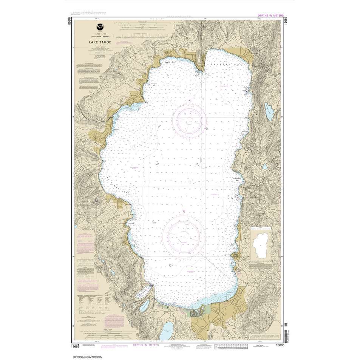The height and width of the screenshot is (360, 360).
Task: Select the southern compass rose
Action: pos(185,234)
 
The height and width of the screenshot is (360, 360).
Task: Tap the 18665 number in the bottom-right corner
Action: pos(280,345)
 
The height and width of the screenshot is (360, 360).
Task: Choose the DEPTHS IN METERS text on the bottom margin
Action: pos(145,345)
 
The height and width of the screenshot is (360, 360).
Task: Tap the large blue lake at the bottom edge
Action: pos(167,334)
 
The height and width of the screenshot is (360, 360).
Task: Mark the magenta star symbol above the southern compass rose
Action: pos(184,211)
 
